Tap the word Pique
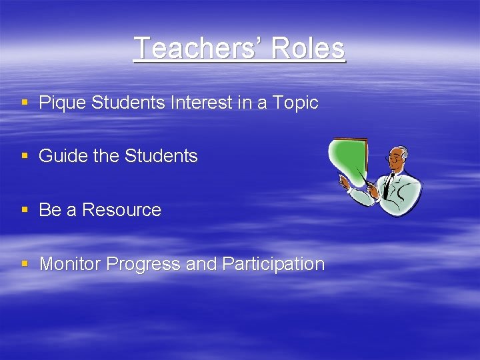click(62, 103)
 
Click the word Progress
click(143, 264)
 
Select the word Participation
click(273, 264)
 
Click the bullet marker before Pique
click(25, 103)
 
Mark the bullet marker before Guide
click(25, 156)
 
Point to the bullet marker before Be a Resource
click(25, 210)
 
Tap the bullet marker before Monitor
click(25, 264)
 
